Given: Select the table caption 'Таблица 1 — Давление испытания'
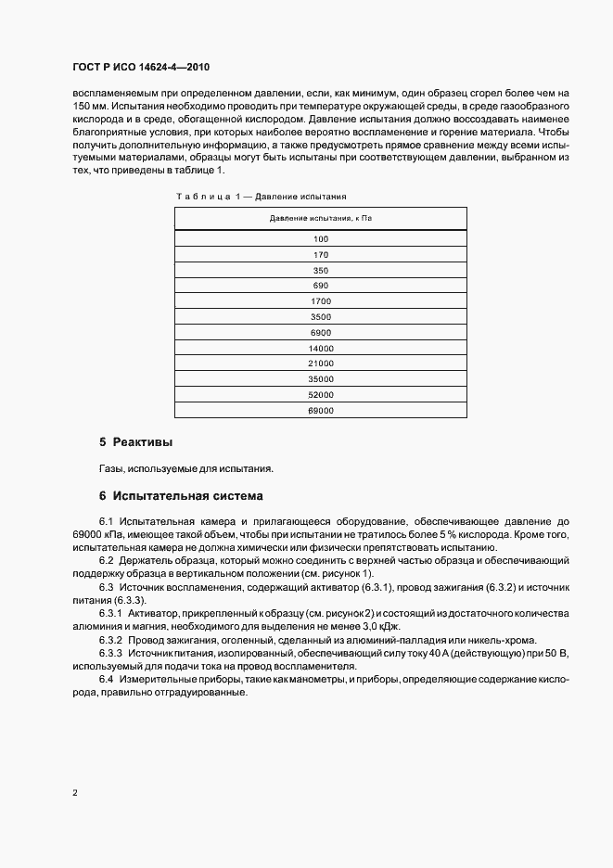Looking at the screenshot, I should pyautogui.click(x=260, y=197).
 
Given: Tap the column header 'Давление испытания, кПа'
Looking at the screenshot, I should pyautogui.click(x=320, y=218).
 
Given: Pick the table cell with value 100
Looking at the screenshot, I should pyautogui.click(x=321, y=238).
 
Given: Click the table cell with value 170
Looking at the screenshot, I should pyautogui.click(x=321, y=254).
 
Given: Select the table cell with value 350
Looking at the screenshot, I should pyautogui.click(x=321, y=270).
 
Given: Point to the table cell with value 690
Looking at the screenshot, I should pyautogui.click(x=321, y=286).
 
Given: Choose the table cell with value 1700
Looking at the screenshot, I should pyautogui.click(x=321, y=301).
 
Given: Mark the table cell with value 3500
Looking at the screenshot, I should pyautogui.click(x=321, y=317).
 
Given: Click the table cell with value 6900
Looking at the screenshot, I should pyautogui.click(x=321, y=333).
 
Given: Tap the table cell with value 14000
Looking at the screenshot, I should pyautogui.click(x=321, y=349).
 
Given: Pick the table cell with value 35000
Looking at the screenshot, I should pyautogui.click(x=321, y=379).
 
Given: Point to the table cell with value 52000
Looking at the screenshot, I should pyautogui.click(x=321, y=395).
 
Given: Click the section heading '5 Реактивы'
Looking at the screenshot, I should pyautogui.click(x=136, y=441).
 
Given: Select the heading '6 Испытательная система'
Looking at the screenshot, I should pyautogui.click(x=181, y=496).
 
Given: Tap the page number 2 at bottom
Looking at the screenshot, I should pyautogui.click(x=74, y=794).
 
